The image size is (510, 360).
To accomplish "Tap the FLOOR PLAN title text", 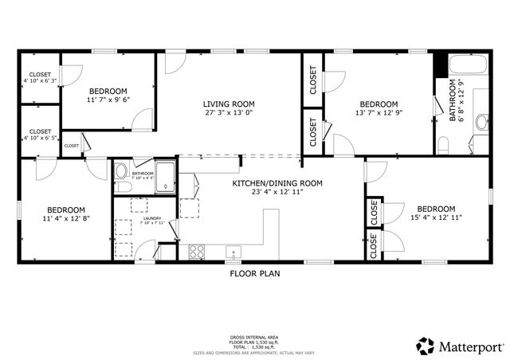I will point(254,273).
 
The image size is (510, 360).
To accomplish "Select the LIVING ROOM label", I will point(228,104).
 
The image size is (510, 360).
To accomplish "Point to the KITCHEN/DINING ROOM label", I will point(277,183).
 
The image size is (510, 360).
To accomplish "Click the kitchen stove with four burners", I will point(196,252).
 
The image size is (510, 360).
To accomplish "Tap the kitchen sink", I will point(233,252).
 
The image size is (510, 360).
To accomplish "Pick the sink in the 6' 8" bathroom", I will point(481,122).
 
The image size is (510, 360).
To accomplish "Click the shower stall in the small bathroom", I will point(164,176).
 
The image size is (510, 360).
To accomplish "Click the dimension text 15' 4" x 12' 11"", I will point(436,217).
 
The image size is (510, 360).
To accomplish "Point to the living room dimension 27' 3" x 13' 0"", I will point(228,112).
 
